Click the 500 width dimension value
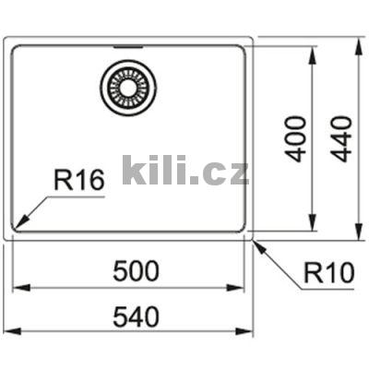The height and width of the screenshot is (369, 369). tap(137, 272)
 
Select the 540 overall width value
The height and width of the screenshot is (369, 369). tap(137, 316)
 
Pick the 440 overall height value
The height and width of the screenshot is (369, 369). tap(342, 138)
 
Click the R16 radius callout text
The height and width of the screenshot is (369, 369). tap(78, 180)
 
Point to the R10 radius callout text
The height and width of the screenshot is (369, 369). tap(326, 273)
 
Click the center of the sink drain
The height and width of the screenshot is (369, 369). tap(127, 88)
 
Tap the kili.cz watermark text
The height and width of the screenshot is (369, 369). tap(184, 170)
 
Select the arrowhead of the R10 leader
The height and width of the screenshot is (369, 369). tap(256, 244)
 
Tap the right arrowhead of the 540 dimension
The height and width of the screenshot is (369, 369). tap(252, 331)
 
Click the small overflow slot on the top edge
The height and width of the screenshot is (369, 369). tap(127, 44)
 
